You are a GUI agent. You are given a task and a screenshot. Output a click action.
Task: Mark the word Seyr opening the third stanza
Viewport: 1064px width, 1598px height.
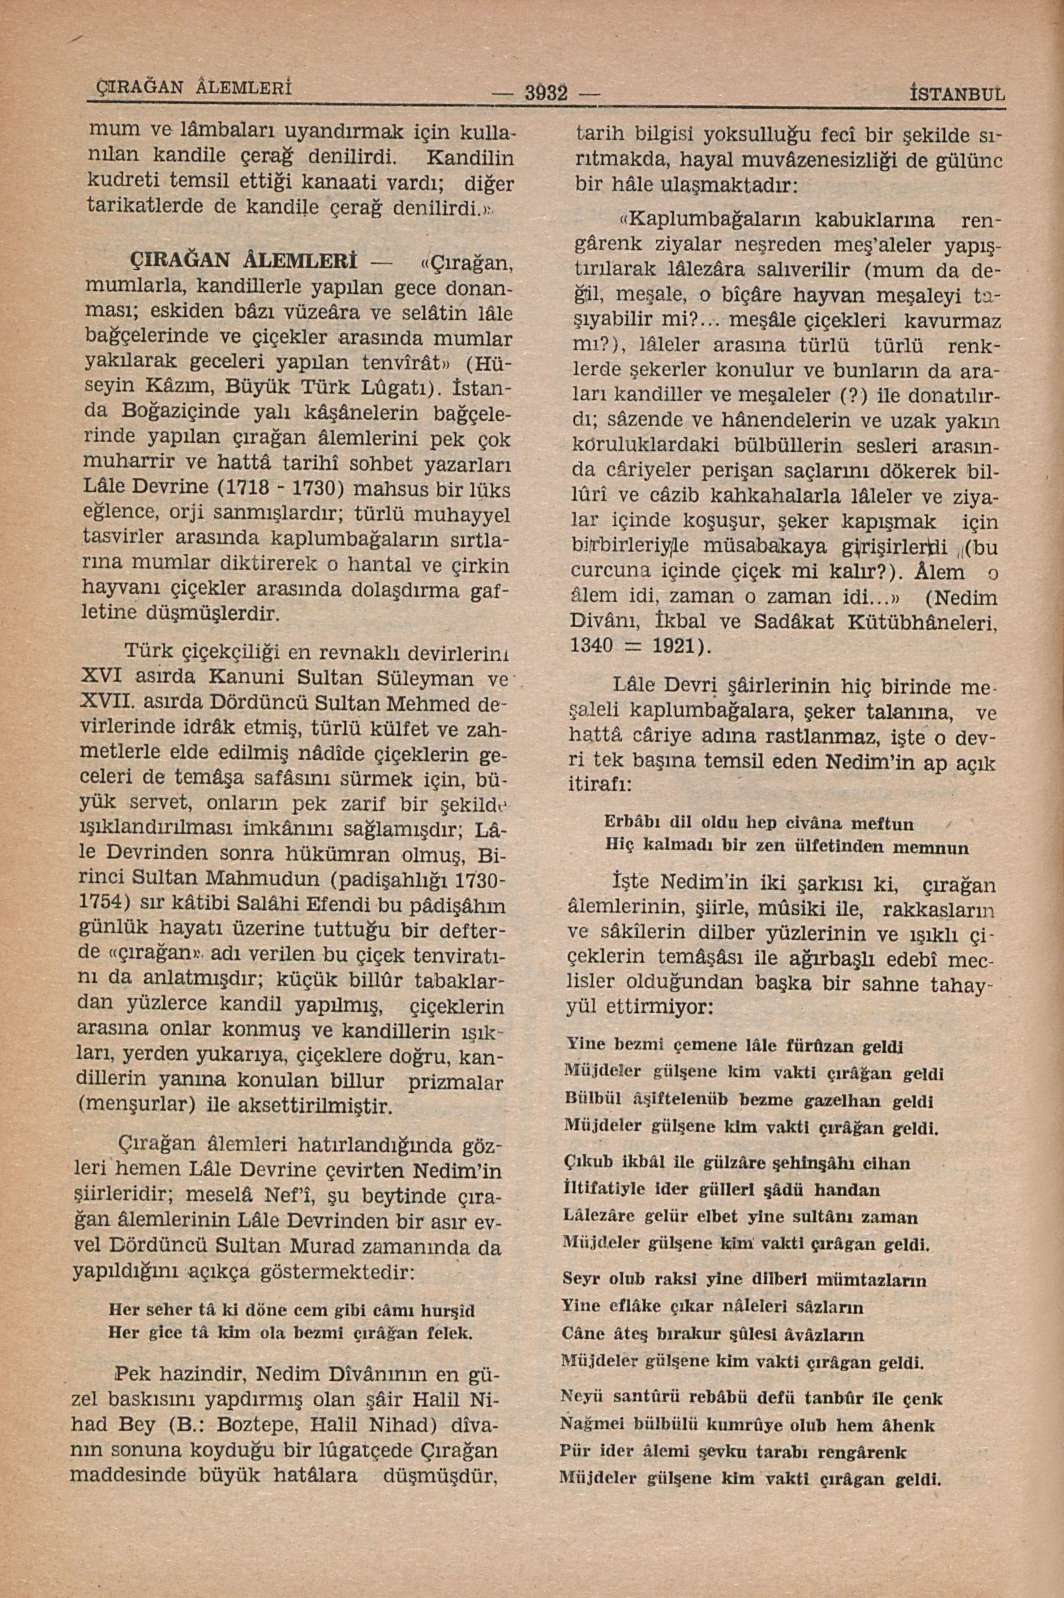tap(581, 1279)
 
